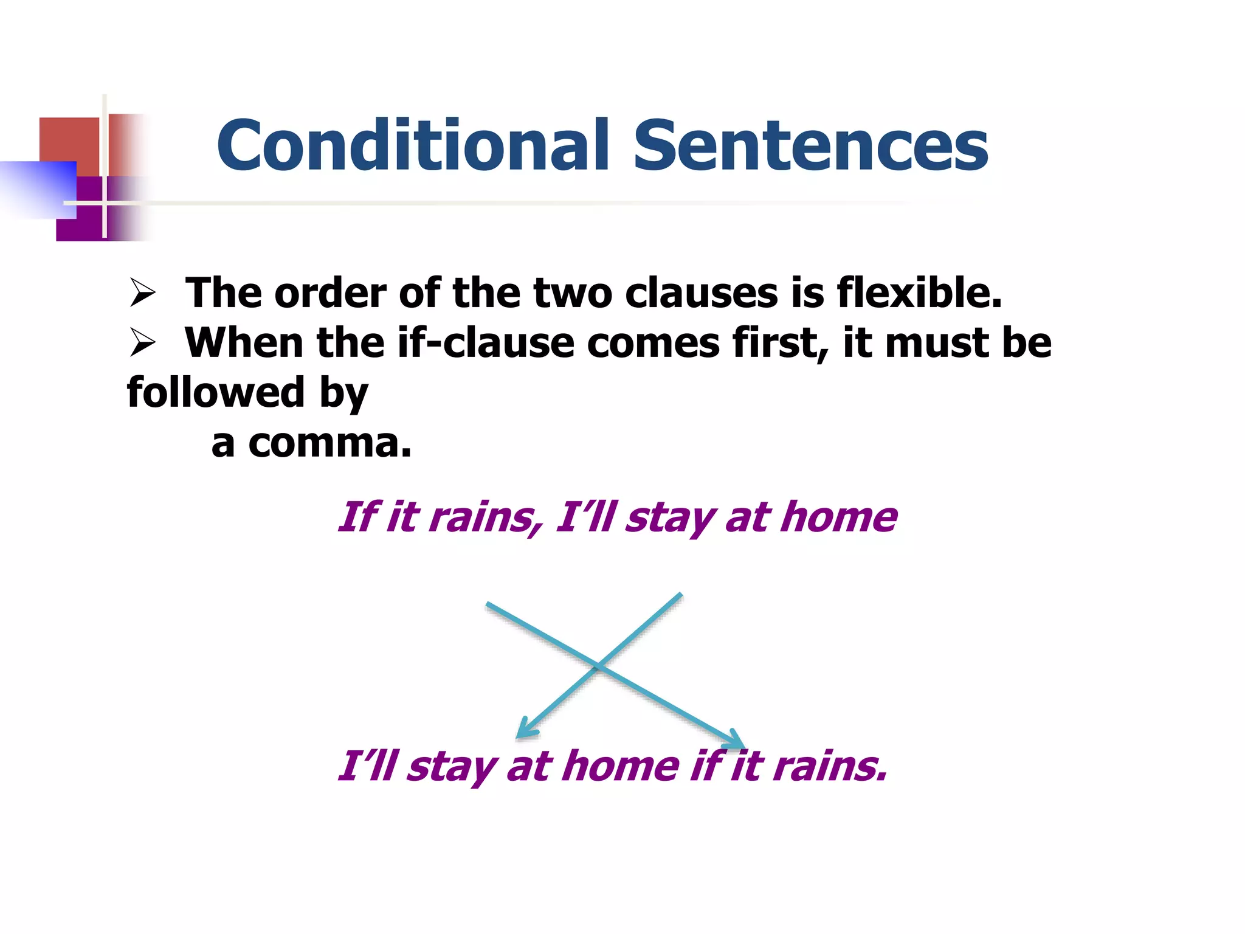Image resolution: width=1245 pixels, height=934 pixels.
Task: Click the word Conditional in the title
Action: click(x=413, y=145)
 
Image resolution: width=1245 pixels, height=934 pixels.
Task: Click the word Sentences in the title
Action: click(x=811, y=145)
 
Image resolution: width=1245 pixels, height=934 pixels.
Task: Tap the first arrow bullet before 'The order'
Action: click(x=143, y=293)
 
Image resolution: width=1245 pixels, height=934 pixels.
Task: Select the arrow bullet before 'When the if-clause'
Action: click(x=143, y=343)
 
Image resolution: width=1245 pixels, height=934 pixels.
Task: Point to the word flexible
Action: click(x=919, y=293)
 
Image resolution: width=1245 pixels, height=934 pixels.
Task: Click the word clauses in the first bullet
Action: click(x=701, y=293)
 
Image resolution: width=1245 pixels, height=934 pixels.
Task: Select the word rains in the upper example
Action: click(x=486, y=517)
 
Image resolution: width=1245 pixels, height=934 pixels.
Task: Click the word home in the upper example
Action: click(x=839, y=517)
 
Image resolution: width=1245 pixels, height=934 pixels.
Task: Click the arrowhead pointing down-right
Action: click(x=736, y=741)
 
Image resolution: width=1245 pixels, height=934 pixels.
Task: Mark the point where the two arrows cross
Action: click(x=598, y=666)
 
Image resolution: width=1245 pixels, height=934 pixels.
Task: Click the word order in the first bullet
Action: click(x=330, y=293)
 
